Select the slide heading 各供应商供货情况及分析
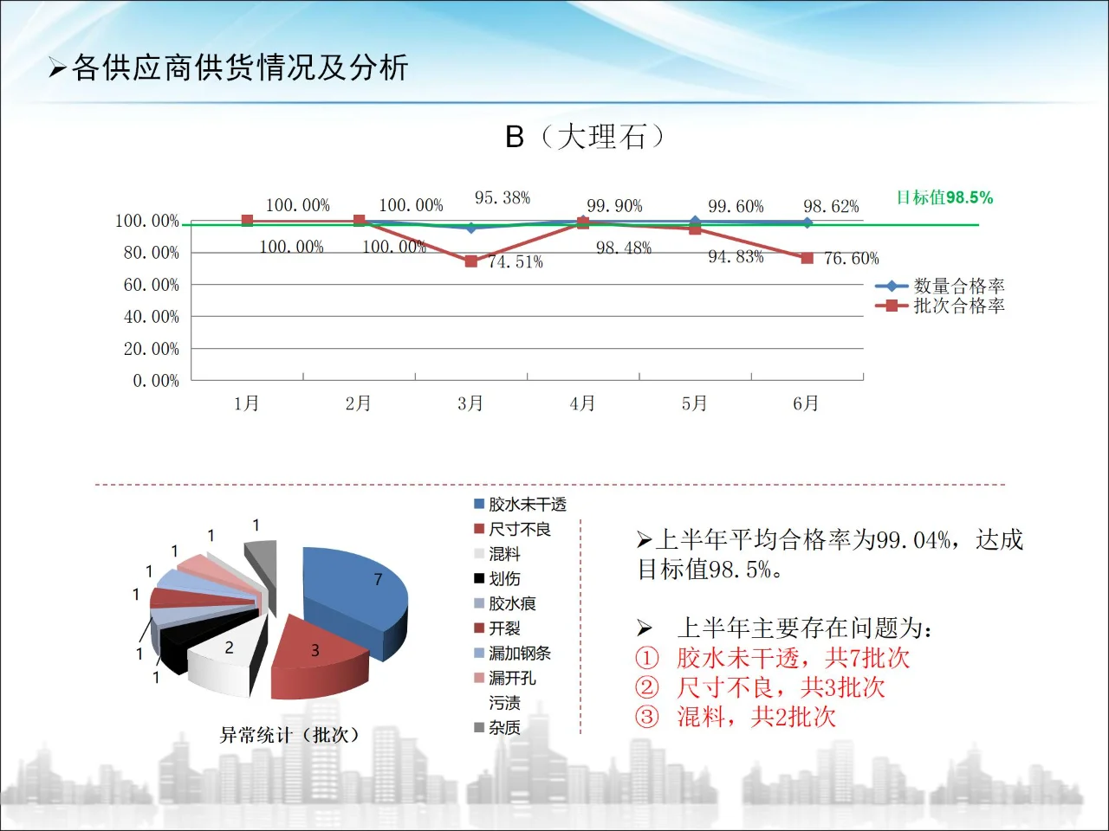240,68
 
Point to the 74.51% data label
516,261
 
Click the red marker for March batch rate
471,261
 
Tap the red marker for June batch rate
807,258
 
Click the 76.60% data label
851,258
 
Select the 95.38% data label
503,198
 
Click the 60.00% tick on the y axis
152,285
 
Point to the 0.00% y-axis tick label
156,381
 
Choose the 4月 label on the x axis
582,403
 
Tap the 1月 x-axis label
247,403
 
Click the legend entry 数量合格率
958,286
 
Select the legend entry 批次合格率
958,306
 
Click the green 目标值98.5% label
944,197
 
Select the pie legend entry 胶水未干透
527,504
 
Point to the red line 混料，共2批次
756,717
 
